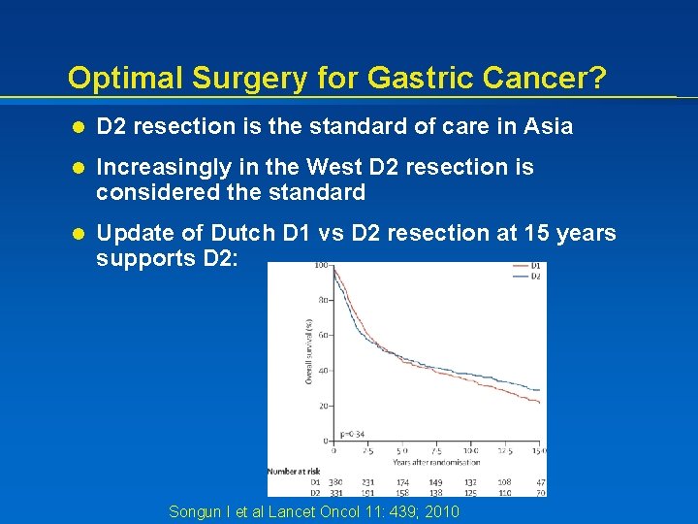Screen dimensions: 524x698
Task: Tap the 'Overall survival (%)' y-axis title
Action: pos(309,351)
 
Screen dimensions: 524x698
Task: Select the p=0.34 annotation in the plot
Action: pos(351,435)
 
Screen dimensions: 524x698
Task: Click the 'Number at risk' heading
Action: pos(294,472)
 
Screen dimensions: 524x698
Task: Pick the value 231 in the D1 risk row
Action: pos(368,482)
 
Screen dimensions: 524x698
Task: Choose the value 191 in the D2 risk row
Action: pos(368,493)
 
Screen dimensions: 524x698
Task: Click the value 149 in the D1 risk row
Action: pos(435,482)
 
